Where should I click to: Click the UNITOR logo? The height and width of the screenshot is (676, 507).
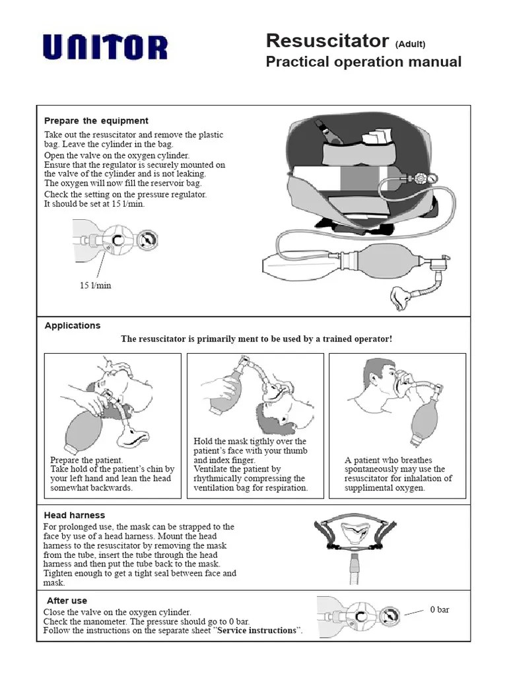click(106, 48)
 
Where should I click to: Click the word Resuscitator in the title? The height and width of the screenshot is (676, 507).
click(327, 41)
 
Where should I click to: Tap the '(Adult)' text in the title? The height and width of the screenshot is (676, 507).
click(410, 44)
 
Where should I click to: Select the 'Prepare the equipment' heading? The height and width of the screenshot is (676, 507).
click(96, 121)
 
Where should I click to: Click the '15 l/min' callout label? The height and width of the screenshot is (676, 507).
click(96, 285)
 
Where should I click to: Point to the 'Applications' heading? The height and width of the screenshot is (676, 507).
click(73, 325)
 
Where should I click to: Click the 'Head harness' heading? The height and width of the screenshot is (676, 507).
click(75, 515)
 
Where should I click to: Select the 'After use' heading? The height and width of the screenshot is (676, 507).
click(67, 601)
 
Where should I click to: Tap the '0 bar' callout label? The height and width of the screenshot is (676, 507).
click(440, 609)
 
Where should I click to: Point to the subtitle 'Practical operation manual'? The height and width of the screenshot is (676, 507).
click(363, 62)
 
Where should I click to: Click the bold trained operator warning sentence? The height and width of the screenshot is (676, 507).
click(256, 339)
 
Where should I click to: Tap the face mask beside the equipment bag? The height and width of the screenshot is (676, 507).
click(402, 298)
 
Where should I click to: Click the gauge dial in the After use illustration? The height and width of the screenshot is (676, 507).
click(390, 617)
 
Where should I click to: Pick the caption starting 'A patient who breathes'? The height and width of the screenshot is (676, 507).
click(398, 474)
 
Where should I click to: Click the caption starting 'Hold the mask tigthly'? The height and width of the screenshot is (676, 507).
click(251, 465)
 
